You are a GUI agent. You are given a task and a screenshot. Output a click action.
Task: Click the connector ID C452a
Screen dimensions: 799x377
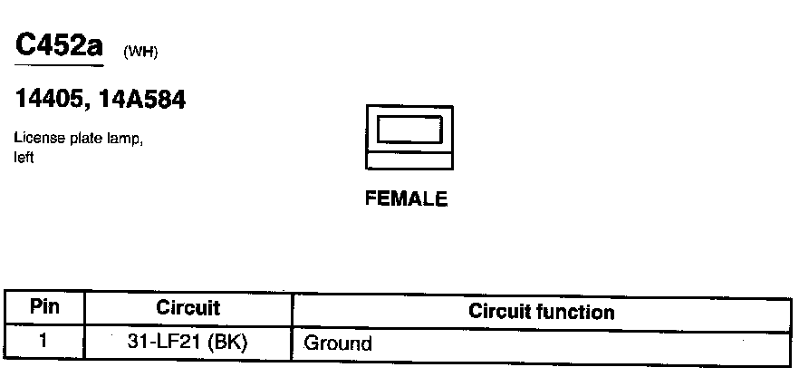coord(59,45)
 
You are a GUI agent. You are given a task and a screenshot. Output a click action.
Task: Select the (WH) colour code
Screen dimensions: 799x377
coord(140,52)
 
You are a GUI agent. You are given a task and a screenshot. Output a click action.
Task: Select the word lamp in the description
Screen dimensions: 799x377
coord(121,140)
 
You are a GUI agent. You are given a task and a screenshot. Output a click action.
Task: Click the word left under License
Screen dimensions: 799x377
coord(24,158)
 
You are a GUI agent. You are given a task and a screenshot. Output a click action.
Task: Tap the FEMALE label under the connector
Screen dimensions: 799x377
coord(406,199)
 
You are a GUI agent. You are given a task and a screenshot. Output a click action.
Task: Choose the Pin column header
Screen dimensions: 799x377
coord(44,307)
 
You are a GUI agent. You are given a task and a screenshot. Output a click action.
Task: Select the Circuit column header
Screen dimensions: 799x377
coord(188,308)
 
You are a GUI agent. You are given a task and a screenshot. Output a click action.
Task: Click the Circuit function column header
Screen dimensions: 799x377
coord(541,313)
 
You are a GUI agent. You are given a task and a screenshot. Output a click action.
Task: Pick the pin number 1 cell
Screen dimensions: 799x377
coord(43,342)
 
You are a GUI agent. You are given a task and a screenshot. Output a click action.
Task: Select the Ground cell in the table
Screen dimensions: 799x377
coord(337,343)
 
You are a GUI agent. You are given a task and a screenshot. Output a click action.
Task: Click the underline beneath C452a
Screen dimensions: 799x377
coord(59,66)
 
